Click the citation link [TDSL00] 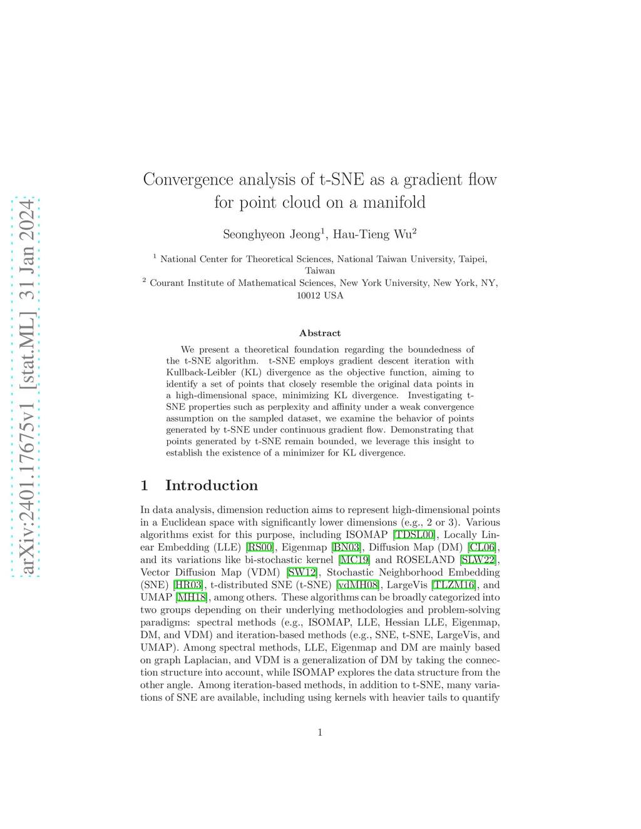414,535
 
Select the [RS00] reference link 260,547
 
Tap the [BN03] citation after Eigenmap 346,547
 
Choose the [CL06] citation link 483,547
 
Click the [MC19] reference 354,560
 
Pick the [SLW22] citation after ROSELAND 479,560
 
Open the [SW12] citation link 302,572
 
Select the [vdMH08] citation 358,585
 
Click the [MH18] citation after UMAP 192,598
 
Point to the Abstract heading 320,333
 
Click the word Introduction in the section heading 212,486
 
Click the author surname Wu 403,235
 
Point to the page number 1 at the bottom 320,733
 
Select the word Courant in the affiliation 167,283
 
